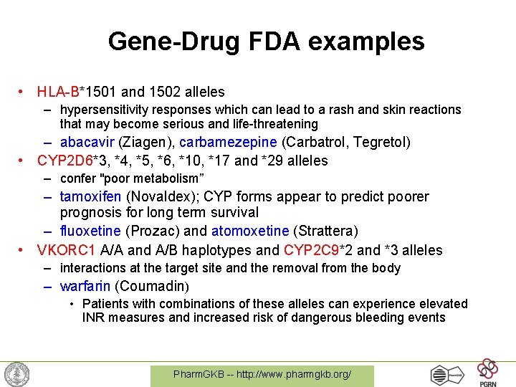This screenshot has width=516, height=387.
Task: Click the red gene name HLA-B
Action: coord(59,92)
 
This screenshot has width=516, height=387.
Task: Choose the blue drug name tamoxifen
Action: coord(91,196)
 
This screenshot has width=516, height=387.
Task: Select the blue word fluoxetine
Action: coord(91,231)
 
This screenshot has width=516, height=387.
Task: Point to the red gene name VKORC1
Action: coord(65,250)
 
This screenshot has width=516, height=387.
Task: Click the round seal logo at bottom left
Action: coord(16,374)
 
